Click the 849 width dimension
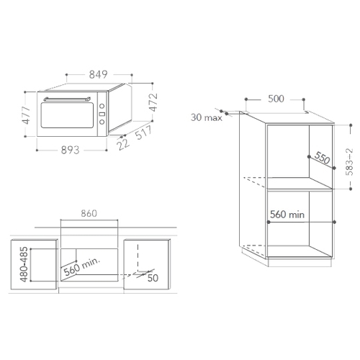point(98,74)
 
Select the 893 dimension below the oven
point(70,150)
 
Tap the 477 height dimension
point(26,115)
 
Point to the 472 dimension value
point(153,102)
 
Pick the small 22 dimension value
point(124,145)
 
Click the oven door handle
point(67,99)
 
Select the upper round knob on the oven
point(102,106)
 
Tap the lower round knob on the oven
point(102,122)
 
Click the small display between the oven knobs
point(102,114)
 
